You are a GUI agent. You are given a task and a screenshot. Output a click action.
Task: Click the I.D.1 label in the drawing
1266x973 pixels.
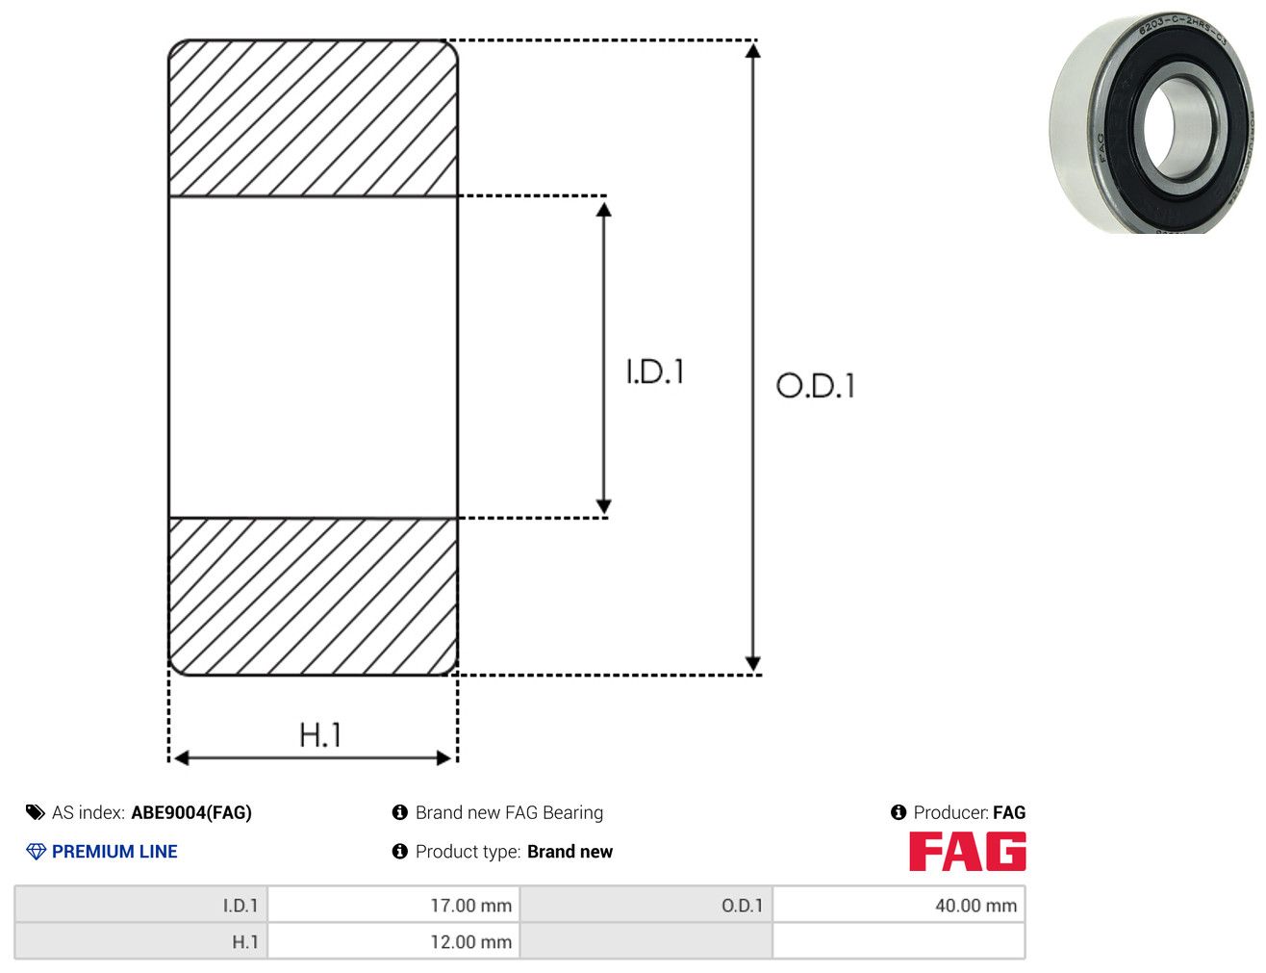click(x=655, y=371)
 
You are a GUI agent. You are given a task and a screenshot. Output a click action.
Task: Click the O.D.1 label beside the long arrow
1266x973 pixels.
click(x=816, y=386)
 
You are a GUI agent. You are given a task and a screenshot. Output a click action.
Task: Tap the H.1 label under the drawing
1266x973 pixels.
click(x=319, y=734)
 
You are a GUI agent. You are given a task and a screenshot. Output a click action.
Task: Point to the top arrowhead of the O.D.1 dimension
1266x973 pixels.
click(x=752, y=50)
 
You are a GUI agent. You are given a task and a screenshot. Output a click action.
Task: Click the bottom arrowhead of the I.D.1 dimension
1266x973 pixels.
click(x=603, y=506)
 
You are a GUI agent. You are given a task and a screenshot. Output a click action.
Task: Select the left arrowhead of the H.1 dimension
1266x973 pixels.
click(x=182, y=758)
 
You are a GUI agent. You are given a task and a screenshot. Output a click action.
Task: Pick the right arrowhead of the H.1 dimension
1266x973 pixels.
click(x=443, y=758)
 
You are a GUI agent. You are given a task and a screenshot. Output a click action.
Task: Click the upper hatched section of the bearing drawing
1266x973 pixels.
click(x=314, y=118)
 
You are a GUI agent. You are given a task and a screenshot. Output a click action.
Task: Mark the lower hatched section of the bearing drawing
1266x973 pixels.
click(x=314, y=597)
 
